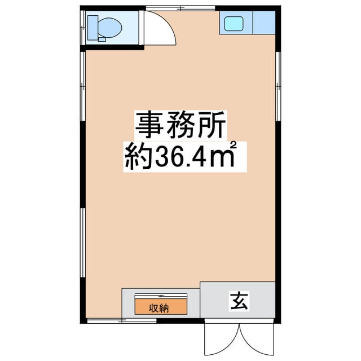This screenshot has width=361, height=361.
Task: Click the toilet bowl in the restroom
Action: [x=109, y=28]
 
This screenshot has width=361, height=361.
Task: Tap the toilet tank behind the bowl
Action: [x=93, y=28]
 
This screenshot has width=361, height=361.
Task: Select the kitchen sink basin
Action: [x=234, y=24]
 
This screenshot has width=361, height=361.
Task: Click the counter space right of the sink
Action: [x=264, y=23]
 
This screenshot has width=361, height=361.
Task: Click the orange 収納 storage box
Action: [x=161, y=307]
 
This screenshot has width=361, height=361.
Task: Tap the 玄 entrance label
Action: [x=239, y=301]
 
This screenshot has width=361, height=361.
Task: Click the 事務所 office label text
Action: [x=180, y=125]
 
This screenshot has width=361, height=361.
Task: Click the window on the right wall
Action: [x=278, y=86]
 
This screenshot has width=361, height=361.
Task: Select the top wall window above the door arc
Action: [x=180, y=8]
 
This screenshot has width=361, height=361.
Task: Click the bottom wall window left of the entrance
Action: [x=122, y=321]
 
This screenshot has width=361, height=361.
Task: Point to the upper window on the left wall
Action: [x=83, y=86]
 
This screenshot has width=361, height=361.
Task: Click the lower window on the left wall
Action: [x=83, y=243]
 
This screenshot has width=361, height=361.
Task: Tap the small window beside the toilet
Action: [x=83, y=28]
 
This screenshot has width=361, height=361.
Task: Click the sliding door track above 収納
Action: [x=161, y=296]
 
